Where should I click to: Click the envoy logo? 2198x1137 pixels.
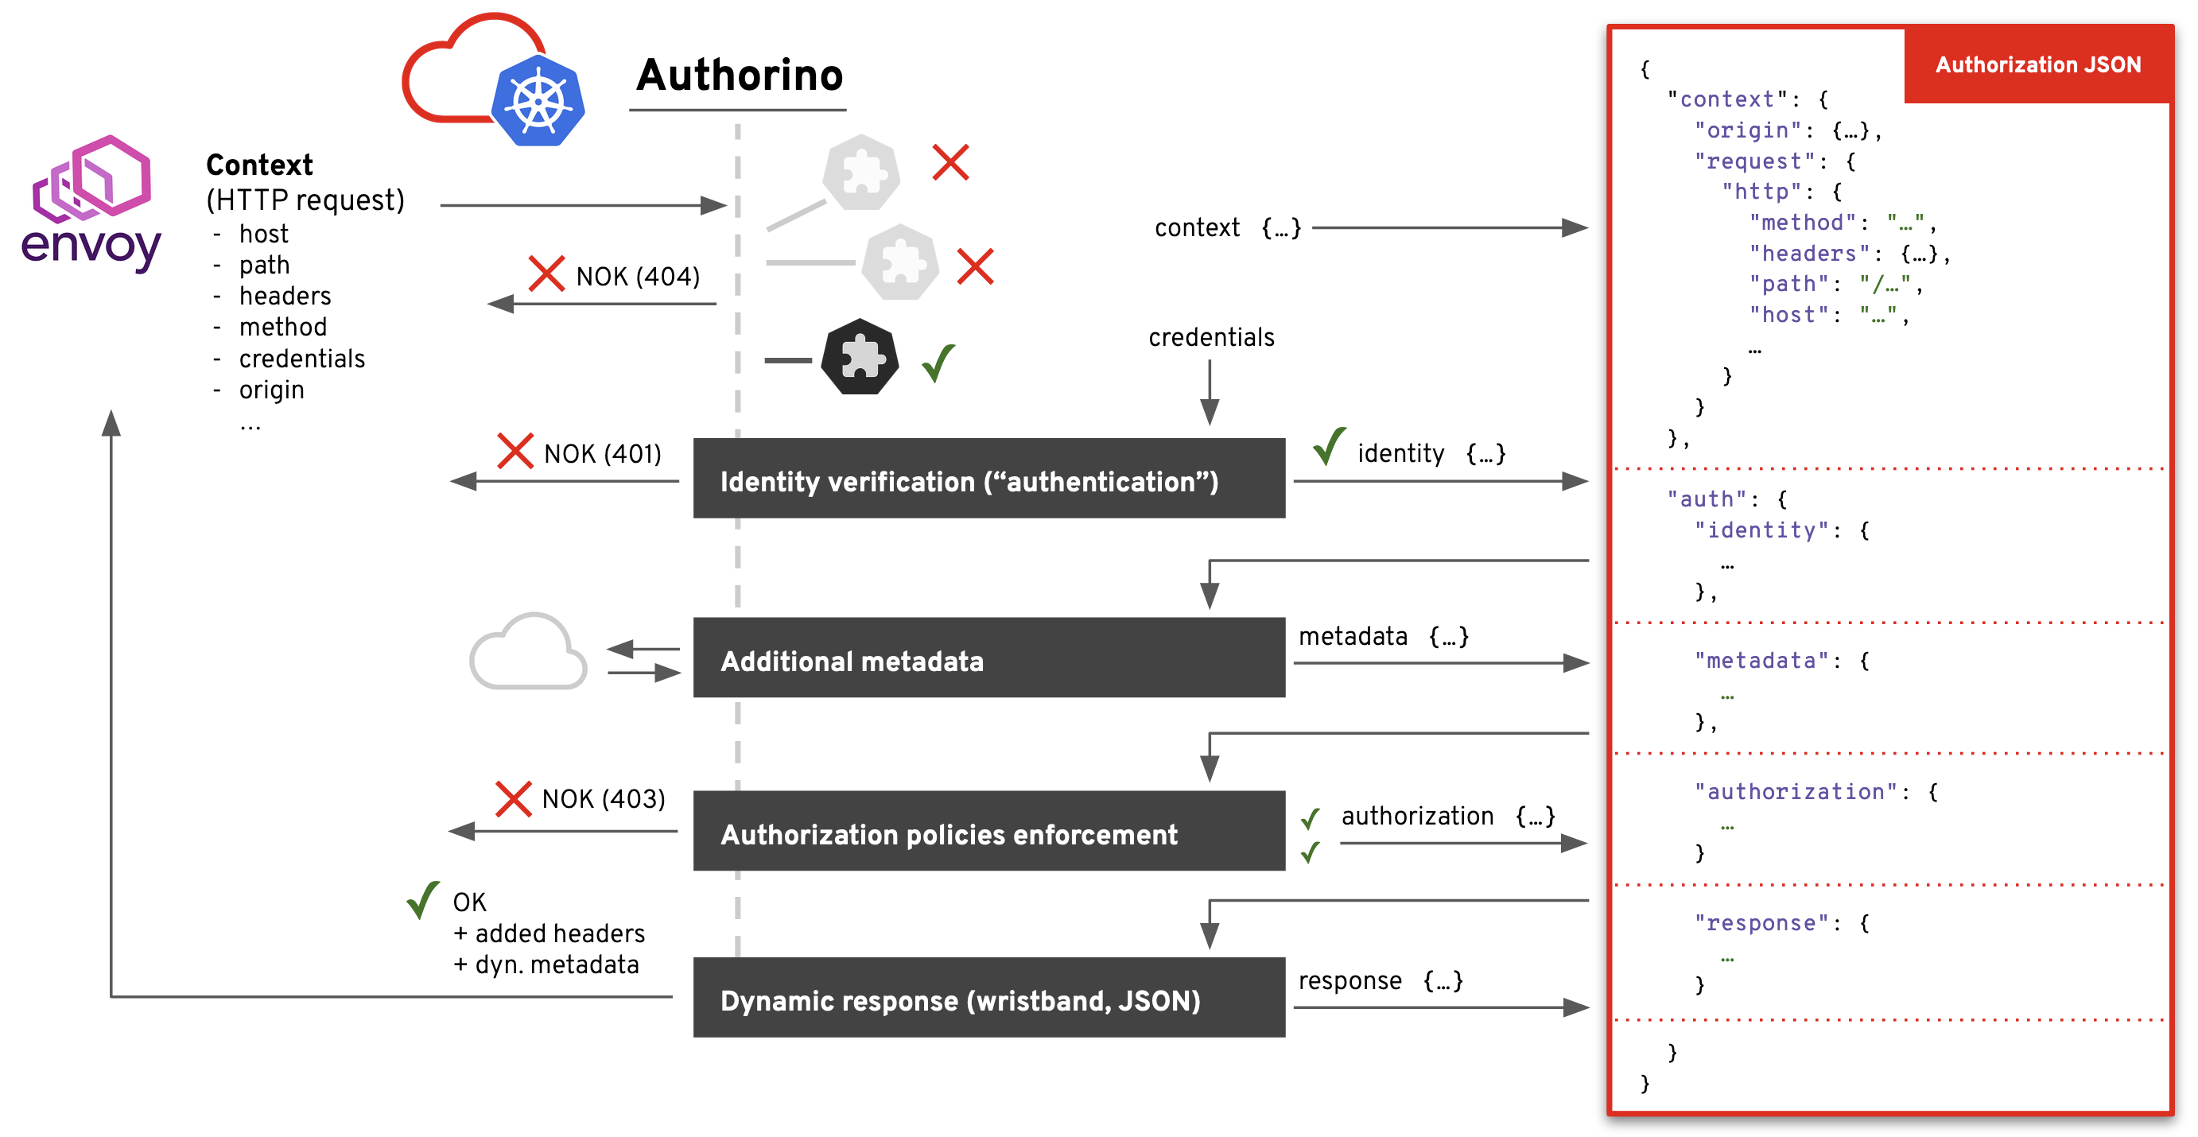tap(91, 204)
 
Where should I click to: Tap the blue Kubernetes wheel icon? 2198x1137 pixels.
tap(538, 101)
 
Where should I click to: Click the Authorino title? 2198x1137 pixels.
tap(739, 75)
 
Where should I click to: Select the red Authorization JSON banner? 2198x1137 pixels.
tap(2037, 65)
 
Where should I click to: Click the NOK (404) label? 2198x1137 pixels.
tap(638, 277)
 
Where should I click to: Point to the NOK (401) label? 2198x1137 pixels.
tap(603, 454)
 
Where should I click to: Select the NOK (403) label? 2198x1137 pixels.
tap(604, 799)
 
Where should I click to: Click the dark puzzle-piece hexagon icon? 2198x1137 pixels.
tap(860, 357)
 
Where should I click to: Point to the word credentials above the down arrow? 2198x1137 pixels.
tap(1211, 338)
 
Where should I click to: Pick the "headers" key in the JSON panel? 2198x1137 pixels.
tap(1808, 254)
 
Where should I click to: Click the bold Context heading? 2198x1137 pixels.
tap(259, 165)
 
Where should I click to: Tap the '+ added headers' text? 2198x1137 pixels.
tap(549, 934)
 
